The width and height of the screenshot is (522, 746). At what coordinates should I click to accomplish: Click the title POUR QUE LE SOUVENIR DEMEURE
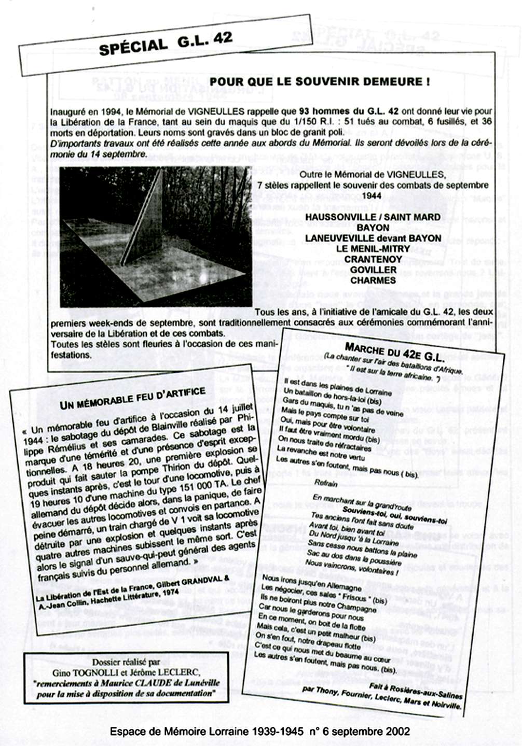[320, 81]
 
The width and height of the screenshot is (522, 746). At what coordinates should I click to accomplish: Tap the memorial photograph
[156, 236]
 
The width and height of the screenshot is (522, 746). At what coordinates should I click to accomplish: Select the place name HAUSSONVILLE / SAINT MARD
[373, 217]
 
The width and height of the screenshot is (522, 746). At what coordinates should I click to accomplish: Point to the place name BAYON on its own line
[373, 227]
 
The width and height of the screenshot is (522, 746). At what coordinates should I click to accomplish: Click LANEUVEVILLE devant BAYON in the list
[373, 238]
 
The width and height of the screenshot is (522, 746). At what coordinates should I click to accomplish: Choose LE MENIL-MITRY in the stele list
[373, 248]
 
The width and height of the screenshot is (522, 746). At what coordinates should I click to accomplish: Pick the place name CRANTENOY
[373, 259]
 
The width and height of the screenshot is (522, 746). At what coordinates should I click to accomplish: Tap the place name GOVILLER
[373, 270]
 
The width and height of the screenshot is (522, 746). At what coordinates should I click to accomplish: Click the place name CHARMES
[373, 280]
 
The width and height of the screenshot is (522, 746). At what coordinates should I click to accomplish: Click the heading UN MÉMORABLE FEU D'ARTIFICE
[133, 398]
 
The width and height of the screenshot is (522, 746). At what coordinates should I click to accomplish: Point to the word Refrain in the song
[325, 483]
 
